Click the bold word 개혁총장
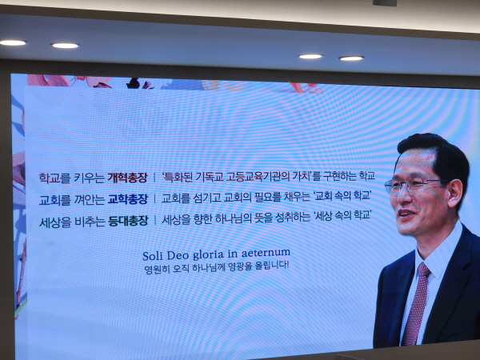(127, 178)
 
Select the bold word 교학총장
(127, 198)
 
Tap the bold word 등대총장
(127, 219)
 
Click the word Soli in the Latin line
(153, 255)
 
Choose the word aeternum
(268, 253)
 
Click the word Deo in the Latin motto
(180, 254)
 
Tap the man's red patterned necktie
(416, 304)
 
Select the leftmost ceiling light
(13, 42)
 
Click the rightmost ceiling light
(351, 58)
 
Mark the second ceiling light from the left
(65, 46)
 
